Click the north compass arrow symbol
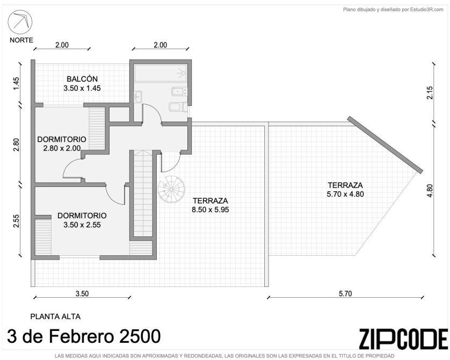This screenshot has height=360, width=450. click(x=20, y=22)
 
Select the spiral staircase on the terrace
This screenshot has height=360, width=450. click(x=171, y=190)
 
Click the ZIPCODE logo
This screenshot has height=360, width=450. click(x=403, y=339)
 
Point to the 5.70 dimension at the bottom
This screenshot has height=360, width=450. click(x=345, y=294)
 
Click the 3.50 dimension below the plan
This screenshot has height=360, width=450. click(x=82, y=294)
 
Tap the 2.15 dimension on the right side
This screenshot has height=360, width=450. click(x=430, y=93)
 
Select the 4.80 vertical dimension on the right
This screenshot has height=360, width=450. click(x=430, y=190)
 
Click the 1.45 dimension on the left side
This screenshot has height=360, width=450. click(x=16, y=83)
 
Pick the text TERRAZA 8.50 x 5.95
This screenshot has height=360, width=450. click(x=211, y=205)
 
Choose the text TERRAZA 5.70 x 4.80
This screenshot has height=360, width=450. click(x=345, y=190)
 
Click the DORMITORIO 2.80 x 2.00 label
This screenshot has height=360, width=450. click(x=62, y=143)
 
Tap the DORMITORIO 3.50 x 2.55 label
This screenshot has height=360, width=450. click(x=82, y=220)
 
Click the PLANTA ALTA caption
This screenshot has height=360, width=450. click(x=55, y=316)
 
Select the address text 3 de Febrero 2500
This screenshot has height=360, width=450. click(x=84, y=336)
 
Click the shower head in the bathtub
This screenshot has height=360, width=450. click(x=181, y=73)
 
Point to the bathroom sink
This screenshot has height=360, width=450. click(x=138, y=97)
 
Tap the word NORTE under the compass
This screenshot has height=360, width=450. click(x=21, y=40)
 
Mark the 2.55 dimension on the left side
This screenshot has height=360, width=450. click(x=16, y=221)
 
